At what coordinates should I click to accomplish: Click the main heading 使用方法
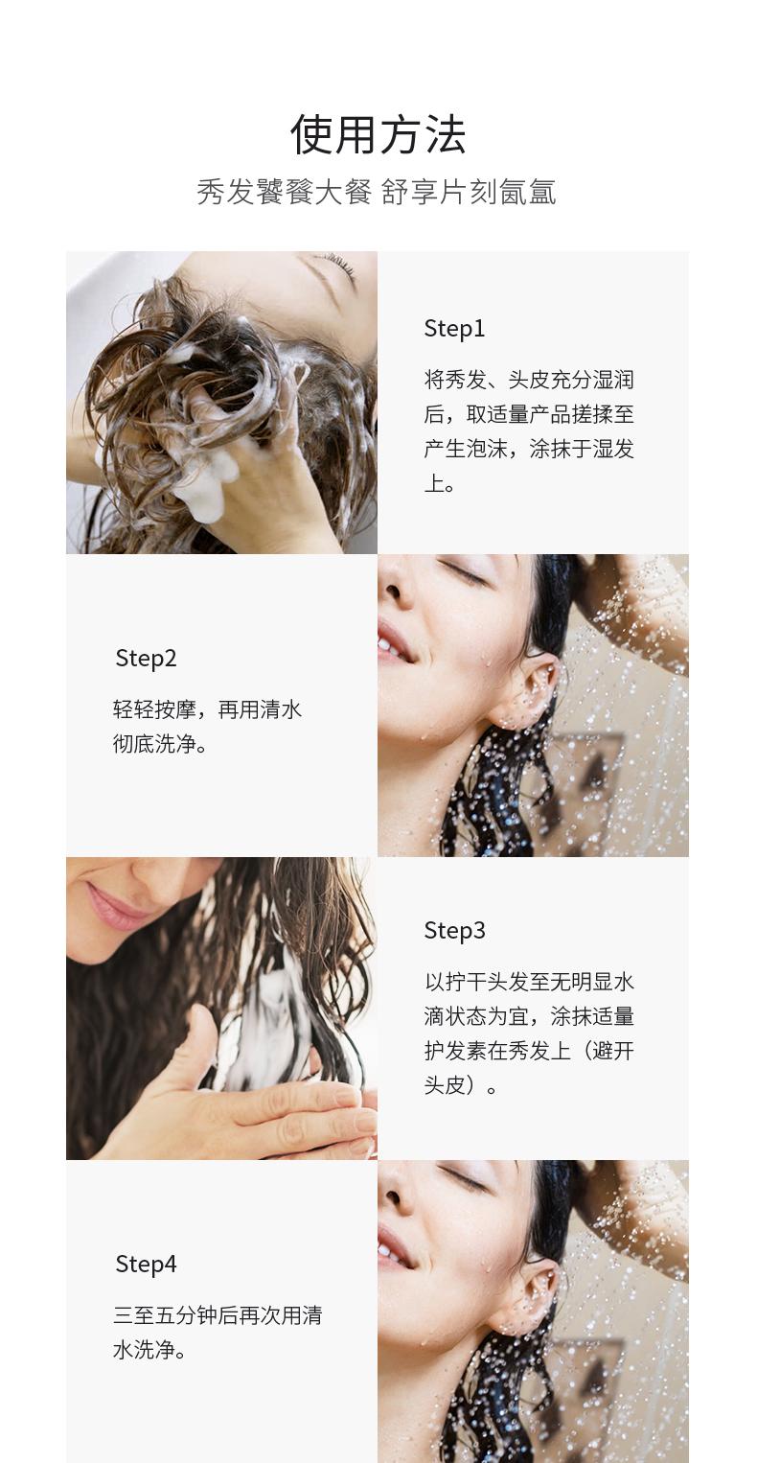(x=378, y=134)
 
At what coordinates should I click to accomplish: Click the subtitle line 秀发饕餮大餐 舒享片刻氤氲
(x=377, y=192)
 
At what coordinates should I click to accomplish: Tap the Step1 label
(x=454, y=329)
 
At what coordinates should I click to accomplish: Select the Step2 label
(x=146, y=659)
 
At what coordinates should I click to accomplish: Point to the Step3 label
(x=454, y=931)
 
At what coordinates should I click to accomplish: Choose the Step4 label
(x=146, y=1264)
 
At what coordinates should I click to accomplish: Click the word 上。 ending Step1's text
(x=439, y=483)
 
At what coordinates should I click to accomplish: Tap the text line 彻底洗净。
(x=160, y=743)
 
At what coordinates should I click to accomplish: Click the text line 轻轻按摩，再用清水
(x=208, y=708)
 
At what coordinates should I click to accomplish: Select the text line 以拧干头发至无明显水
(x=529, y=981)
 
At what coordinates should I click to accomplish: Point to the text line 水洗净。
(x=149, y=1349)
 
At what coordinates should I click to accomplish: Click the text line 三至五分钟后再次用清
(x=218, y=1314)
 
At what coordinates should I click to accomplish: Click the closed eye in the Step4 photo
(x=464, y=1177)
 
